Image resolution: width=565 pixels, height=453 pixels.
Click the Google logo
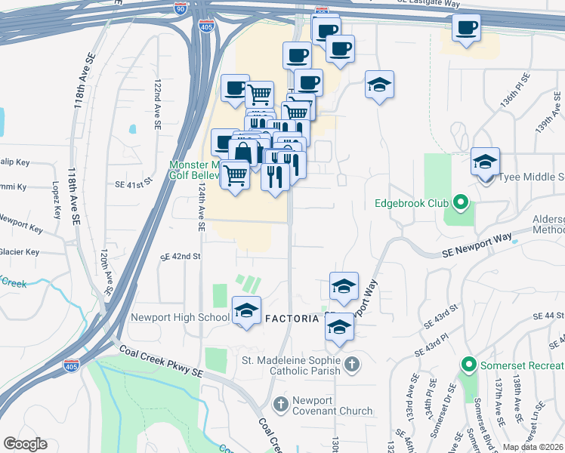(26, 444)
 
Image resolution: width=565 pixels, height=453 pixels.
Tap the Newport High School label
(180, 317)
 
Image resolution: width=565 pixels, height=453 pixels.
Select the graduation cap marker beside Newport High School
(246, 310)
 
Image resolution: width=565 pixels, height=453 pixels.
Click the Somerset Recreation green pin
(468, 366)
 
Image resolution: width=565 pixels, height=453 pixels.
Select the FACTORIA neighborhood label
(294, 319)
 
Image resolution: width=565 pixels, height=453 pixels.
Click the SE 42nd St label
(180, 257)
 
